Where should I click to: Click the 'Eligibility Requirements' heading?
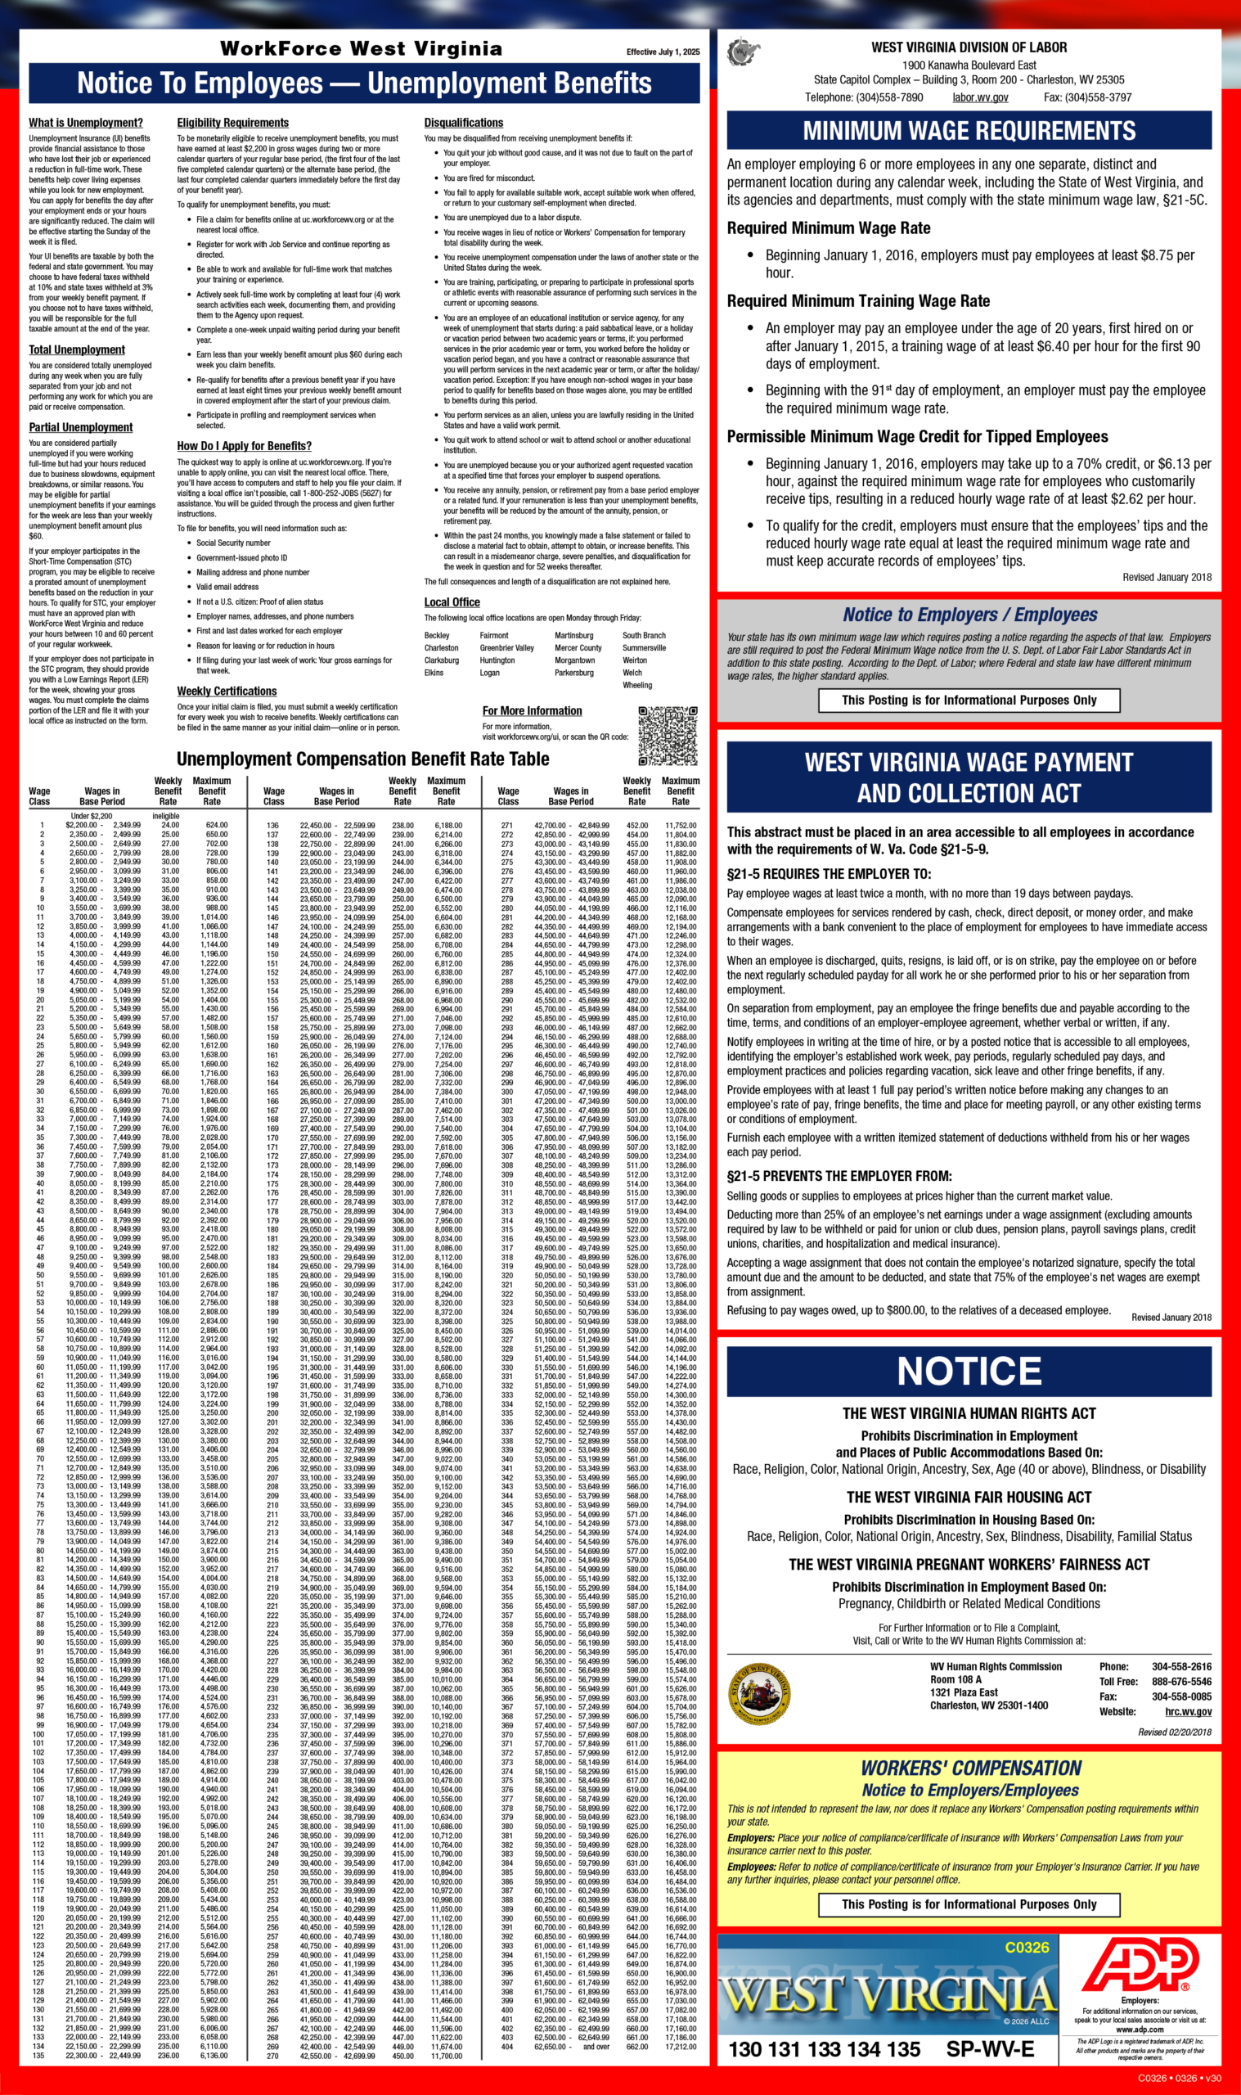232,123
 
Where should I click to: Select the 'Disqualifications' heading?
463,123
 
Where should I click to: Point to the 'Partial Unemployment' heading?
80,427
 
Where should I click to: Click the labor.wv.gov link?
980,98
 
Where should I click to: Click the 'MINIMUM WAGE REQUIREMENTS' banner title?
969,131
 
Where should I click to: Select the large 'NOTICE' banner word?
969,1372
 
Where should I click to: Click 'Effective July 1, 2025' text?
663,52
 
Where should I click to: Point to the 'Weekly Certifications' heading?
227,691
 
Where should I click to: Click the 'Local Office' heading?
452,602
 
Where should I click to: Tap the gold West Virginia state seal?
760,1693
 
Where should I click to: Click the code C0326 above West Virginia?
1026,1948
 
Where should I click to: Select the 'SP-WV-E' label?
989,2049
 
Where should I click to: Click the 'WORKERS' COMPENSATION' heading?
970,1768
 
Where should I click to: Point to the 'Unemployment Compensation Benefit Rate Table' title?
362,759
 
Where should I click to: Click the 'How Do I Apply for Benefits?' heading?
244,446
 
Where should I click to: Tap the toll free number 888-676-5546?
1180,1681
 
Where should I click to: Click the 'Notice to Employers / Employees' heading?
969,615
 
